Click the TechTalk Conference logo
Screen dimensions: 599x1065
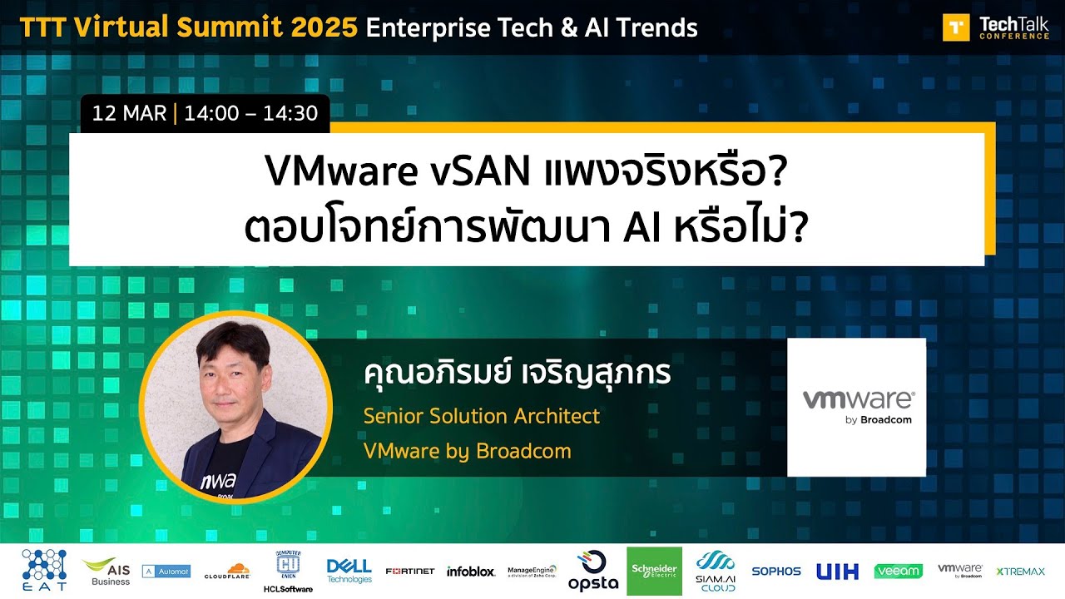coord(995,27)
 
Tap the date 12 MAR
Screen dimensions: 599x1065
coord(129,113)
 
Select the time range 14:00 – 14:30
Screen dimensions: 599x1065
coord(251,113)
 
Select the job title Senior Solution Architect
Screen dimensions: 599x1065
coord(481,416)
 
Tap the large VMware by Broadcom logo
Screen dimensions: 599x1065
coord(856,407)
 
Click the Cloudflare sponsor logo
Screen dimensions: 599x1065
coord(227,571)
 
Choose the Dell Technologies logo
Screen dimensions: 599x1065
coord(349,571)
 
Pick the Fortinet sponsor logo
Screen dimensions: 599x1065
coord(409,571)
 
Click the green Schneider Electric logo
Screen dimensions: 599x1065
coord(654,571)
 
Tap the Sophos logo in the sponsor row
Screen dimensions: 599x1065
coord(775,571)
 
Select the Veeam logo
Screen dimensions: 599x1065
coord(898,571)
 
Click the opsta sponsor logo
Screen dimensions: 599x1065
coord(592,571)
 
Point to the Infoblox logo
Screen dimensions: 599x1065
coord(471,571)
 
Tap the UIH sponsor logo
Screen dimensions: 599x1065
coord(836,571)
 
